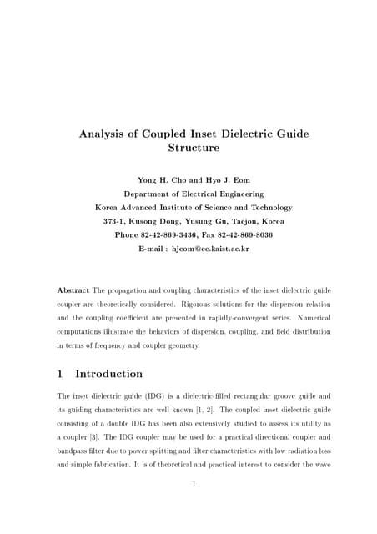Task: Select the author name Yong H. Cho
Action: click(x=162, y=179)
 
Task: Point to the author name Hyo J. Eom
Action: click(x=228, y=179)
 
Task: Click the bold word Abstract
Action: click(x=73, y=290)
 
